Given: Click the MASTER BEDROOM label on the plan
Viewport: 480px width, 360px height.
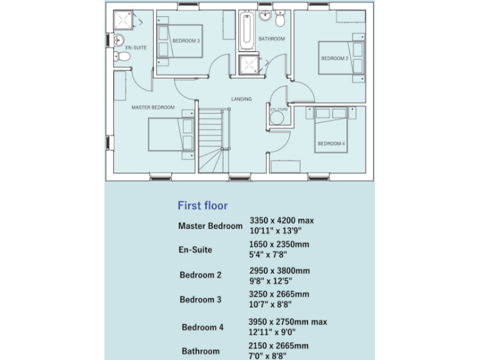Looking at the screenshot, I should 152,107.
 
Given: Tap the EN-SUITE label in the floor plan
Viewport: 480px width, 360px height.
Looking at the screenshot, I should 135,47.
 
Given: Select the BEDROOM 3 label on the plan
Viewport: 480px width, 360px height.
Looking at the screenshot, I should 186,41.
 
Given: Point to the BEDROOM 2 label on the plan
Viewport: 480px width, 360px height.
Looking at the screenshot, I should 334,59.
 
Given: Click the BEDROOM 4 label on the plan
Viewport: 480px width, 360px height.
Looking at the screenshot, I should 331,144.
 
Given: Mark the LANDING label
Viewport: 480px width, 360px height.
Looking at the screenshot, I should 241,99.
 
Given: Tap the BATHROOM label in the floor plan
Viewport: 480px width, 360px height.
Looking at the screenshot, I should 271,39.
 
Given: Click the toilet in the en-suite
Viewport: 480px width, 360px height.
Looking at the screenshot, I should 122,57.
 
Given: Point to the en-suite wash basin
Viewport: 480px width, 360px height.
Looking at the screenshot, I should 119,41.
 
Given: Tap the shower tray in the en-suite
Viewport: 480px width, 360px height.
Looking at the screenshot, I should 124,21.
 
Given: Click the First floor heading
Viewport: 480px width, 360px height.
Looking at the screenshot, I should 202,206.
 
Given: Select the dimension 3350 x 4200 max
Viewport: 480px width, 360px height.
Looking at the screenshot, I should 281,221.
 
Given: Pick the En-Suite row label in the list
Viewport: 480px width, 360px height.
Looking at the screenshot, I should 195,250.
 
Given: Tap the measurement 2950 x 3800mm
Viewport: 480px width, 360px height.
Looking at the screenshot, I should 279,271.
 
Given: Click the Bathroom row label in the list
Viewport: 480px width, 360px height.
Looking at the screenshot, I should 201,351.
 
